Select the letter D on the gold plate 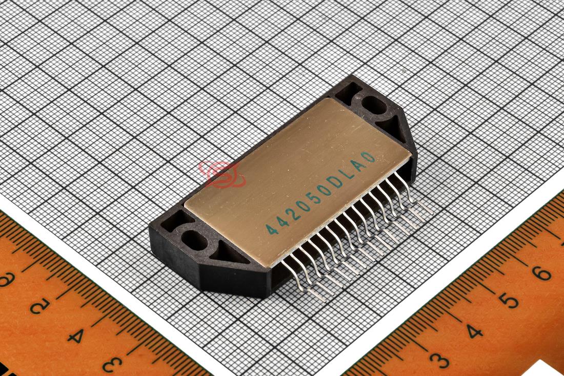click(x=337, y=182)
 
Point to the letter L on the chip click(x=347, y=174)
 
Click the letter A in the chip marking click(x=358, y=165)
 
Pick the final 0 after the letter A click(x=368, y=157)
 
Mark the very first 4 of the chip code click(x=270, y=228)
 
